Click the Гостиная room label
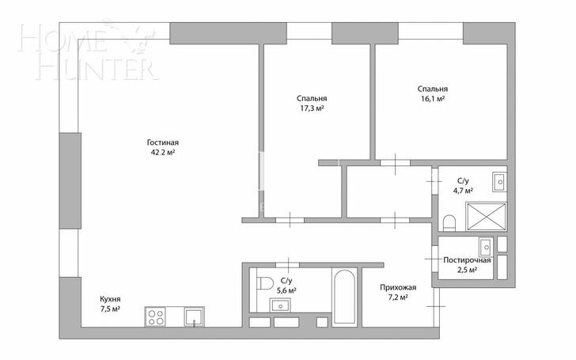163,142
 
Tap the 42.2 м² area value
163,153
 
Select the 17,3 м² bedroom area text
312,108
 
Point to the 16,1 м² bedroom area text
433,98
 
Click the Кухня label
110,299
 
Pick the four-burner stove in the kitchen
155,316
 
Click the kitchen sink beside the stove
194,316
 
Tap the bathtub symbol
344,297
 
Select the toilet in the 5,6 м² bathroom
265,283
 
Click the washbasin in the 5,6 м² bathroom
281,305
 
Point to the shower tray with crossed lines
486,216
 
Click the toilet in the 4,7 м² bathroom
449,222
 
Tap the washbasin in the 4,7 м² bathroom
499,181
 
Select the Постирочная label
467,260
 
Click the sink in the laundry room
486,246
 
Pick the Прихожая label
398,288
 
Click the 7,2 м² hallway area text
398,297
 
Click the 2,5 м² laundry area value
467,270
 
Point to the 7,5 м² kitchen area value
110,309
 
